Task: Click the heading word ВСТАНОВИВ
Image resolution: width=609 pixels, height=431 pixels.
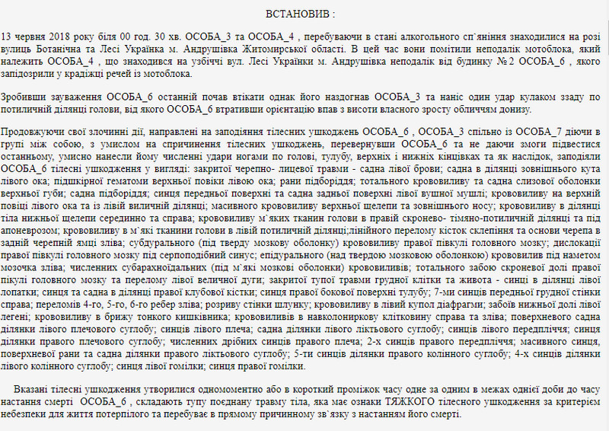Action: click(299, 14)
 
